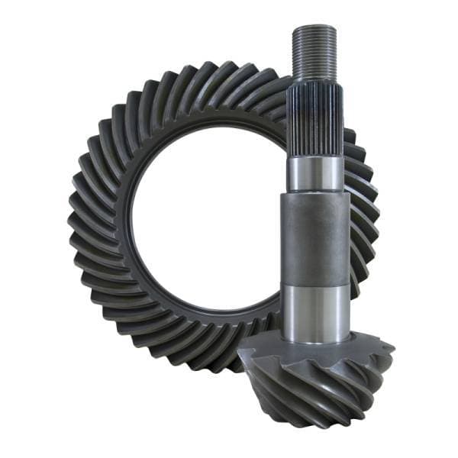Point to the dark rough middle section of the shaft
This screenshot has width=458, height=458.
click(x=316, y=237)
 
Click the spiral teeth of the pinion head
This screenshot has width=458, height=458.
click(x=305, y=389)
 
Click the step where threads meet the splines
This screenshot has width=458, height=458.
click(x=314, y=80)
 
